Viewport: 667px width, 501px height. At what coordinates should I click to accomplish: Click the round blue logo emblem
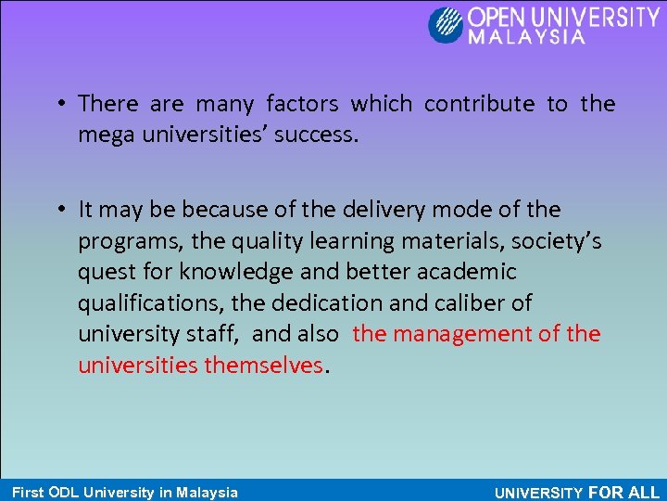tap(445, 24)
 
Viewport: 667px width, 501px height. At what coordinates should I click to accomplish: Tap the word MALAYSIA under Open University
tap(527, 38)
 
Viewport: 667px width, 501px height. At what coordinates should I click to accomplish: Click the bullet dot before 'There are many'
tap(59, 104)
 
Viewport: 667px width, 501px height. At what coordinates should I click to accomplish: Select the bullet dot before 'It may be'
tap(59, 210)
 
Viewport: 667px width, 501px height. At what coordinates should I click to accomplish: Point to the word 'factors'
tap(302, 104)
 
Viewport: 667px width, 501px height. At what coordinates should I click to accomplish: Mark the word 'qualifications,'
tap(150, 303)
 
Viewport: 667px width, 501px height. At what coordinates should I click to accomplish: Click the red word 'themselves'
tap(263, 366)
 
